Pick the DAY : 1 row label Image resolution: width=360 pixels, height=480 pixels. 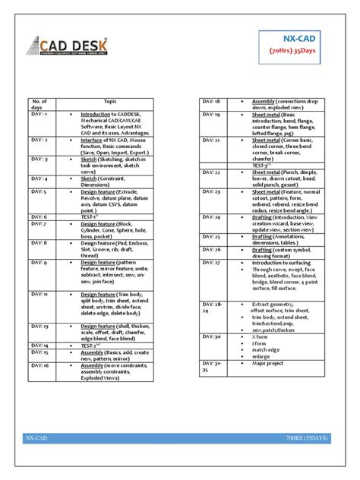click(37, 115)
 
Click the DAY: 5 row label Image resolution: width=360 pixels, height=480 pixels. click(37, 193)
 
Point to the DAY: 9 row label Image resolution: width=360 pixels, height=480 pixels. click(37, 263)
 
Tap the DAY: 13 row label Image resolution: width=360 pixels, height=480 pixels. click(38, 324)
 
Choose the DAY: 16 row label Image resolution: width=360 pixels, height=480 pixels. click(38, 366)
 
